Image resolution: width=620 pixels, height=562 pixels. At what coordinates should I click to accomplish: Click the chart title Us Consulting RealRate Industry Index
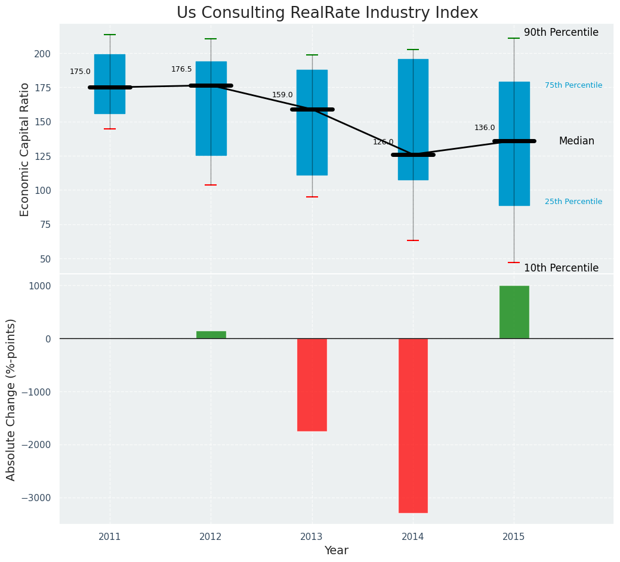(327, 13)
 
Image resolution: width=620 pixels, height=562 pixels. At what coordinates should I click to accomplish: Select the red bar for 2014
(413, 425)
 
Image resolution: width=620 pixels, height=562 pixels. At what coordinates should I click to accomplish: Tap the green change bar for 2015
(514, 312)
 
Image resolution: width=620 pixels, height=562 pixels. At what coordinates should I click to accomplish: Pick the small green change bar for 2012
(211, 335)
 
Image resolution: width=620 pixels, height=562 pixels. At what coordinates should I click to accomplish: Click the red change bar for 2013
(311, 384)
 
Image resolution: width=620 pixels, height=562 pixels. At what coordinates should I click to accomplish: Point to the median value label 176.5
(181, 70)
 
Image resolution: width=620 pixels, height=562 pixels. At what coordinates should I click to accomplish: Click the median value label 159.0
(282, 95)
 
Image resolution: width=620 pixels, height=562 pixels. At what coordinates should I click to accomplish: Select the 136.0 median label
(485, 128)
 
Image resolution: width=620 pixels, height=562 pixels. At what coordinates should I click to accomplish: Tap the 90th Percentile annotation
(561, 33)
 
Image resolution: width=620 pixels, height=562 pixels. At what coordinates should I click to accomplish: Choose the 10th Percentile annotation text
(561, 268)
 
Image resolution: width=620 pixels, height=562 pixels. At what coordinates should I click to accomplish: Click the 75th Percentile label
(573, 86)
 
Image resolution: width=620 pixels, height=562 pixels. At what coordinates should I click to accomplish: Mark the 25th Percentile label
(573, 202)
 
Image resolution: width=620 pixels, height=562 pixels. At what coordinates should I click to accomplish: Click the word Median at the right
(576, 141)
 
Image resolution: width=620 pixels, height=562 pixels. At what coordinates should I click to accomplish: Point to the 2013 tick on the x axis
(311, 537)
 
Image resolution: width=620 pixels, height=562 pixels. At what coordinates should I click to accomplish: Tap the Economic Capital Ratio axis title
(24, 149)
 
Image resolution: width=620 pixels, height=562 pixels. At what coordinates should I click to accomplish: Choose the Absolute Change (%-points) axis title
(11, 399)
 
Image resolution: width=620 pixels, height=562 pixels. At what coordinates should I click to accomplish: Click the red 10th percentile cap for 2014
(413, 240)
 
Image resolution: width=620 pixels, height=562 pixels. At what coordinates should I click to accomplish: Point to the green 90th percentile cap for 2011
(110, 35)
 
